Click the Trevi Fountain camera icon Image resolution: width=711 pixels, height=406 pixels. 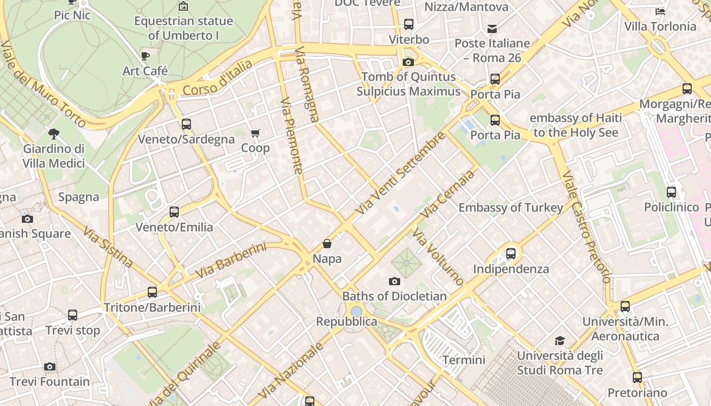[x=49, y=367]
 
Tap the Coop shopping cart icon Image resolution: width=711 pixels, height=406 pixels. [x=255, y=133]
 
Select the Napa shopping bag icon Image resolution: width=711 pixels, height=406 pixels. [x=327, y=244]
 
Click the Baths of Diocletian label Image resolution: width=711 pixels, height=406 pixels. [x=394, y=296]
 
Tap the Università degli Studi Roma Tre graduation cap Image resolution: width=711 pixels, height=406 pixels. [x=560, y=341]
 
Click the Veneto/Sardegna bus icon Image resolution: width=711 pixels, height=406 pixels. [x=186, y=124]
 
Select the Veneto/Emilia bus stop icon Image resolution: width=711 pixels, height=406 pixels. [x=174, y=212]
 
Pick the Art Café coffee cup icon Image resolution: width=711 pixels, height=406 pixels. [x=145, y=56]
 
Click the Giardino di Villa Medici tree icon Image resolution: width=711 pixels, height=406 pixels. [x=53, y=134]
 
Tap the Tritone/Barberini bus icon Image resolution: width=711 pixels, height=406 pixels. [x=152, y=292]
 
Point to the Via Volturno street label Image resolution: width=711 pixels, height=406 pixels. [x=438, y=257]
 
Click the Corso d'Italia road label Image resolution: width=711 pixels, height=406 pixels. [x=217, y=78]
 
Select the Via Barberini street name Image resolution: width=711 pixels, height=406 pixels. [x=231, y=260]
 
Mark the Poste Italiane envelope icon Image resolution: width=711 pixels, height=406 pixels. [x=492, y=28]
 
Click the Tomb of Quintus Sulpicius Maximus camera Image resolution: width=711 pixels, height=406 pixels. [x=408, y=62]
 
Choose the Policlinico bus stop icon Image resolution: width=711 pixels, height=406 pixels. [x=671, y=192]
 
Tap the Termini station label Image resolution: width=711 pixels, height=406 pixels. [x=464, y=360]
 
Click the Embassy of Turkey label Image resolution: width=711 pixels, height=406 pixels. [x=511, y=208]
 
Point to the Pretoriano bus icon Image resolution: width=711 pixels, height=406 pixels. [x=637, y=378]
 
